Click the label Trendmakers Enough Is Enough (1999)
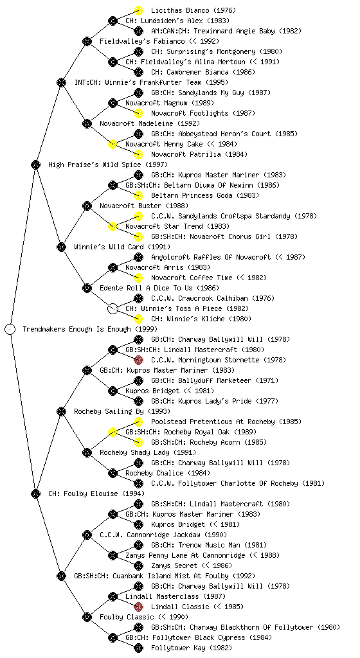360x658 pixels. pyautogui.click(x=90, y=329)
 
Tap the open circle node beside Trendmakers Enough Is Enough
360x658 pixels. pyautogui.click(x=10, y=329)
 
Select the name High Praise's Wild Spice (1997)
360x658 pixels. pyautogui.click(x=108, y=164)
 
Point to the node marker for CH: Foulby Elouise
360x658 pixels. pyautogui.click(x=35, y=493)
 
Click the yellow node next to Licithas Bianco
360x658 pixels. pyautogui.click(x=138, y=10)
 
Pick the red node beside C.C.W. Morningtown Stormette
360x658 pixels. pyautogui.click(x=138, y=360)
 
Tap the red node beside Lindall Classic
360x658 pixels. pyautogui.click(x=138, y=607)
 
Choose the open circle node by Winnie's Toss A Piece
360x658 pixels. pyautogui.click(x=113, y=308)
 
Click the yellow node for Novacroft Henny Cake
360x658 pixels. pyautogui.click(x=113, y=144)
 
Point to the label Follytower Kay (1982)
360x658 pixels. pyautogui.click(x=192, y=648)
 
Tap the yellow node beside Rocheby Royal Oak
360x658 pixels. pyautogui.click(x=113, y=432)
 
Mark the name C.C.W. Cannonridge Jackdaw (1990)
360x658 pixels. pyautogui.click(x=163, y=535)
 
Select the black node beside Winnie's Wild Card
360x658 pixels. pyautogui.click(x=61, y=247)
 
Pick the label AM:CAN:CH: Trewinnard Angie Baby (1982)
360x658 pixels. pyautogui.click(x=226, y=31)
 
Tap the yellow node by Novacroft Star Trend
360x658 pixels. pyautogui.click(x=113, y=226)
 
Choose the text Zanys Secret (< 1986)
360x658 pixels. pyautogui.click(x=192, y=565)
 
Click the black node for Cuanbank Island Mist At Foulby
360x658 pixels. pyautogui.click(x=61, y=576)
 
